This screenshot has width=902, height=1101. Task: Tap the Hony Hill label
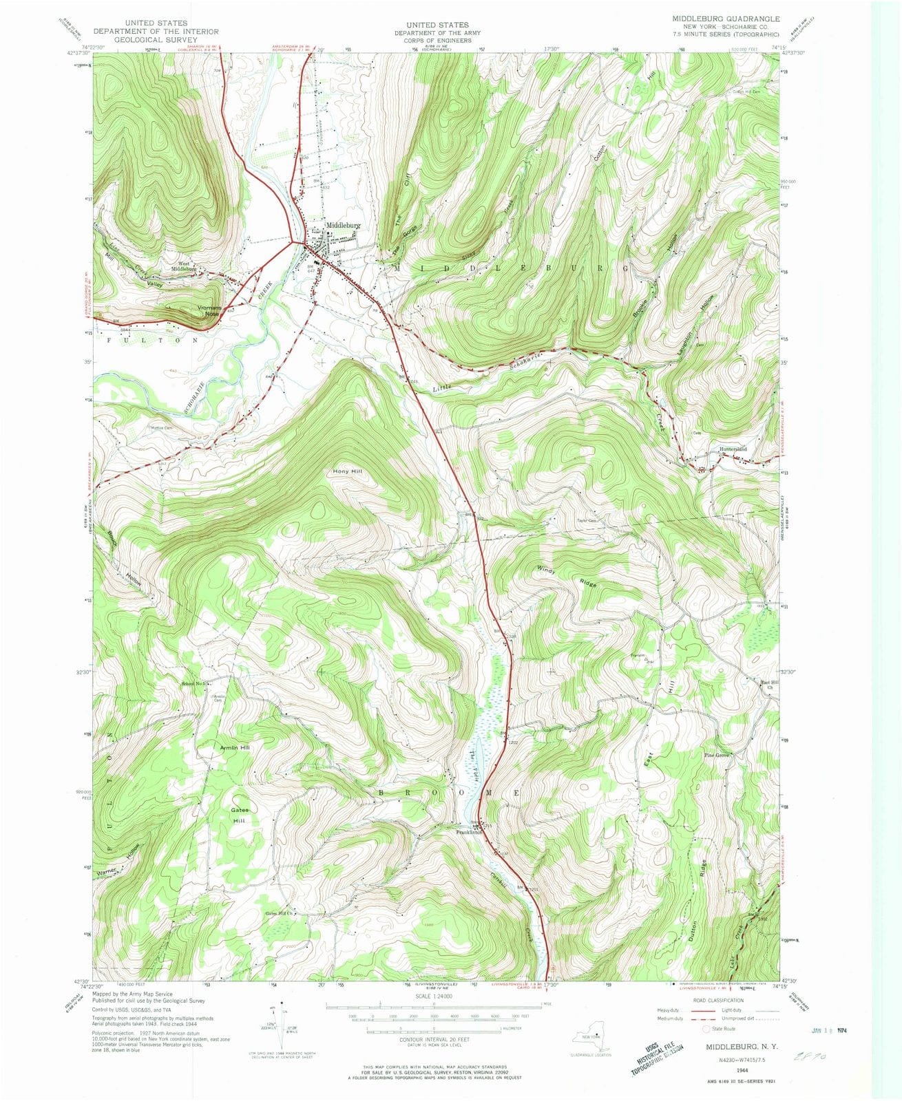pos(348,472)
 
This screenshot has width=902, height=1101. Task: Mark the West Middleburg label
pos(187,266)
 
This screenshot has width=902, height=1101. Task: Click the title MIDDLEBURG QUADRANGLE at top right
pos(721,18)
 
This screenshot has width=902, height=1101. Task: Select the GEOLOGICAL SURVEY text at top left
pos(156,40)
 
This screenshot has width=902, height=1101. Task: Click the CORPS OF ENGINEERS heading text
pos(437,41)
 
